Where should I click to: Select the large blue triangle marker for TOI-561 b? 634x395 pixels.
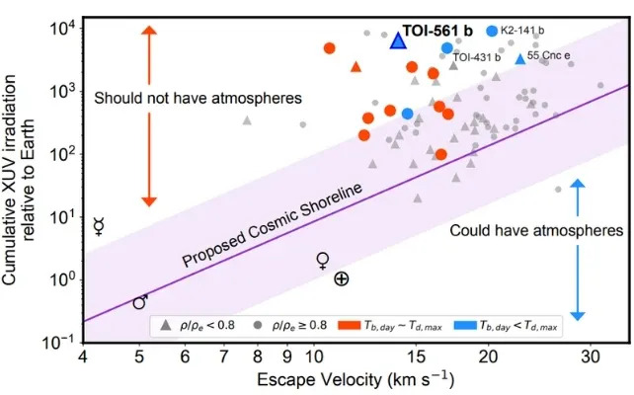pyautogui.click(x=397, y=40)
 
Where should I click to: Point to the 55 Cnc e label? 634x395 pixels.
pyautogui.click(x=549, y=57)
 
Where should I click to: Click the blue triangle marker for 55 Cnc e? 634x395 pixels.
pyautogui.click(x=520, y=59)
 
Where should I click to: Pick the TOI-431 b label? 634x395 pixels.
pyautogui.click(x=477, y=58)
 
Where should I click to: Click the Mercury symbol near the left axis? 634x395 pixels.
pyautogui.click(x=99, y=226)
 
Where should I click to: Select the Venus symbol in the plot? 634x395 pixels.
pyautogui.click(x=322, y=261)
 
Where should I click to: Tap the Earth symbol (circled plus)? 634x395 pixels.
pyautogui.click(x=341, y=279)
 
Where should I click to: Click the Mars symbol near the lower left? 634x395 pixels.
pyautogui.click(x=141, y=301)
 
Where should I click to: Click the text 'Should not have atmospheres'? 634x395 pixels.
pyautogui.click(x=198, y=98)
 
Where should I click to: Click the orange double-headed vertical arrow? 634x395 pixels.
pyautogui.click(x=149, y=115)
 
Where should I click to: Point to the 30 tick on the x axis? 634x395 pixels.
pyautogui.click(x=591, y=355)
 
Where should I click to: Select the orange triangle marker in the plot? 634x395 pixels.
pyautogui.click(x=357, y=67)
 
